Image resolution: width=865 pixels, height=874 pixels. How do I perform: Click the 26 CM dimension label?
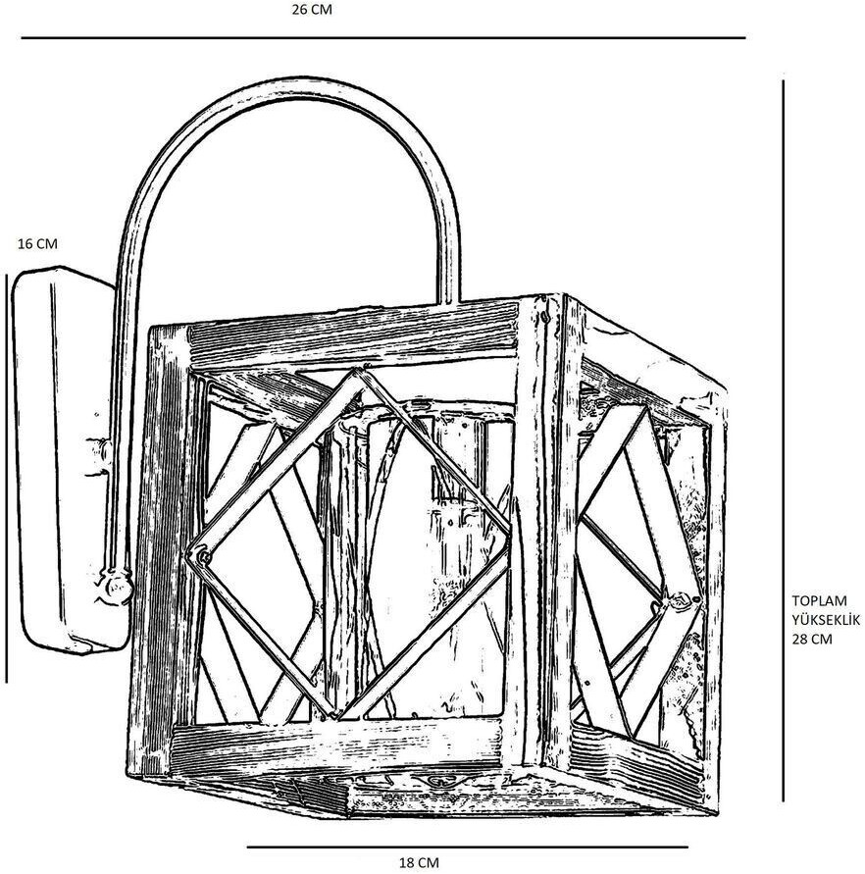coord(313,10)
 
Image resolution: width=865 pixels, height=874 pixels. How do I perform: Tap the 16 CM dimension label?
coord(38,244)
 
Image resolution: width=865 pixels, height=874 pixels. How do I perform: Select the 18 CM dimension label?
coord(419,862)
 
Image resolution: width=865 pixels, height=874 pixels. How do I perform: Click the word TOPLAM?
coord(818,603)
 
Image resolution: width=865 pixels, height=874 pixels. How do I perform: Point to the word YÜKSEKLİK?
coord(825,621)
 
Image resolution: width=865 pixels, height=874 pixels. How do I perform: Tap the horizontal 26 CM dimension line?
coord(382,38)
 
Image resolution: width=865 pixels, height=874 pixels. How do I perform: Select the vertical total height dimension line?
coord(783,441)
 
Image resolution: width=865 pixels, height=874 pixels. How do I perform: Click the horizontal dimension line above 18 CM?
coord(466,847)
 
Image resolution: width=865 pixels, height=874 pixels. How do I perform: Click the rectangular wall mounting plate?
coord(64,461)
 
